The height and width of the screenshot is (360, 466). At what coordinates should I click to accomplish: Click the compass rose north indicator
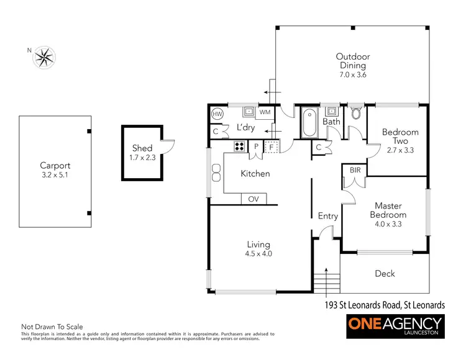pyautogui.click(x=43, y=58)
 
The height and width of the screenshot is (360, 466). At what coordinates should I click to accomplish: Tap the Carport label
pyautogui.click(x=55, y=166)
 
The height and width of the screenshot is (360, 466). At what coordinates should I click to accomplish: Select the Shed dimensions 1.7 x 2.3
pyautogui.click(x=142, y=158)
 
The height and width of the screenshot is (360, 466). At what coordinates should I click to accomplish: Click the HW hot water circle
pyautogui.click(x=217, y=114)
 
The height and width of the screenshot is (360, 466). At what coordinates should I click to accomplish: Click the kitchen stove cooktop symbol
pyautogui.click(x=239, y=146)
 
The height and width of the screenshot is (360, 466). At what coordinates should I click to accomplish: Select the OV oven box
pyautogui.click(x=254, y=199)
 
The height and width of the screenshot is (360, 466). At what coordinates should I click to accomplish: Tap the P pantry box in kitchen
pyautogui.click(x=256, y=146)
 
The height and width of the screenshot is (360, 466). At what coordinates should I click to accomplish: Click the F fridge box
pyautogui.click(x=272, y=146)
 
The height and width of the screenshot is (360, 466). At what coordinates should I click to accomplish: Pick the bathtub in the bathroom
pyautogui.click(x=309, y=123)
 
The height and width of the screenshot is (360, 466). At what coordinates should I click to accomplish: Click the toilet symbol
pyautogui.click(x=356, y=113)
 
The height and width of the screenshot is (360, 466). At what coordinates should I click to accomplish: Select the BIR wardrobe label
pyautogui.click(x=355, y=169)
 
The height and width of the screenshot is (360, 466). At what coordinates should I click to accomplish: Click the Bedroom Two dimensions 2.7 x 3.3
pyautogui.click(x=400, y=150)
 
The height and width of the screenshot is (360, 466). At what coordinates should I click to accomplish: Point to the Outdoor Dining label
pyautogui.click(x=352, y=60)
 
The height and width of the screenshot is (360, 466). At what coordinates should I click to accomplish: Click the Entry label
pyautogui.click(x=327, y=216)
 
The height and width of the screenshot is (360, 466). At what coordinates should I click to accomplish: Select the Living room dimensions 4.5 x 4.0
pyautogui.click(x=259, y=253)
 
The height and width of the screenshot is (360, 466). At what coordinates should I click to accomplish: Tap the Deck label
pyautogui.click(x=385, y=273)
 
